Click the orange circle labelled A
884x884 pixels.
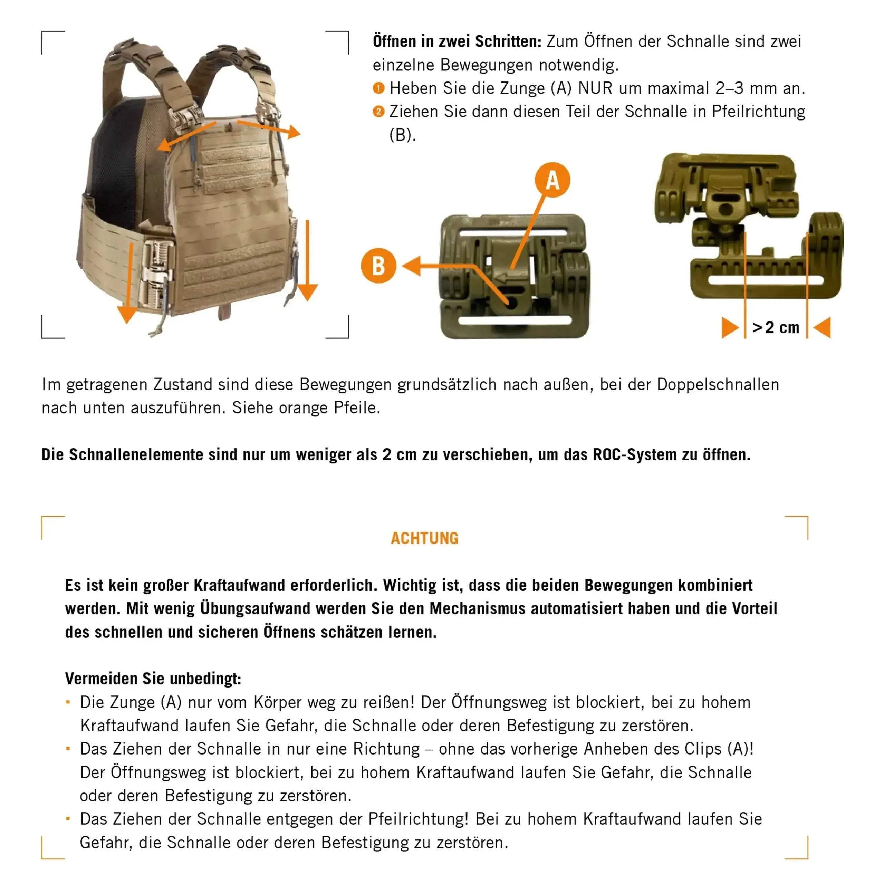click(552, 180)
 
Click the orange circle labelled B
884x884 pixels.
click(378, 266)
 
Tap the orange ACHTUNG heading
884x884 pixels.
click(424, 538)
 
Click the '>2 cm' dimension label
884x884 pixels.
click(776, 328)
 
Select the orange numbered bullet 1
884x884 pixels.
click(378, 88)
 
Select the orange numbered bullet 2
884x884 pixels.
click(378, 111)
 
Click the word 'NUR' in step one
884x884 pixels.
click(595, 88)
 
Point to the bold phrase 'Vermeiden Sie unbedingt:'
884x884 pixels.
click(153, 679)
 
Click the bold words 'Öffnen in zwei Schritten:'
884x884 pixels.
click(457, 41)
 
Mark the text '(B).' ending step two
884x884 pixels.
click(402, 135)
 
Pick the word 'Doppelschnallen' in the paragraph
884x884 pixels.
click(718, 384)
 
